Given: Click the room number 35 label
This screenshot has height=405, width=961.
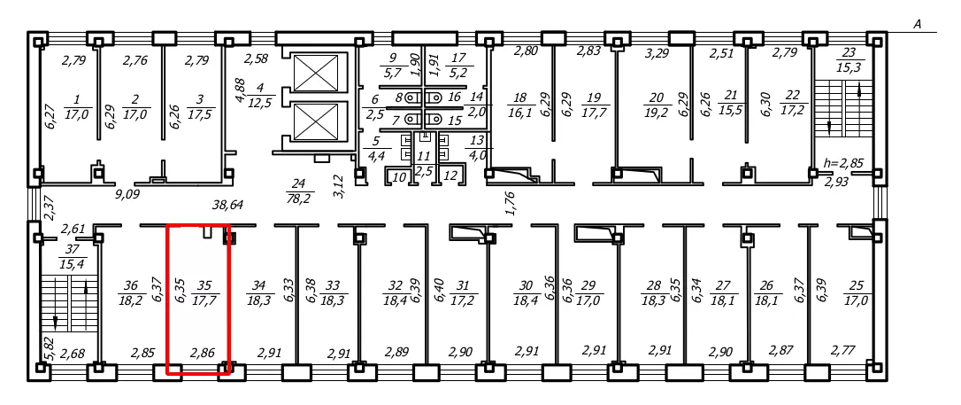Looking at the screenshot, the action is [x=204, y=285].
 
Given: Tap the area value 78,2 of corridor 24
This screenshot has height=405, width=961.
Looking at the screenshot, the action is [x=298, y=199].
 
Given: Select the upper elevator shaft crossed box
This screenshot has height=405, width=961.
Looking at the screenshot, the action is [x=316, y=73].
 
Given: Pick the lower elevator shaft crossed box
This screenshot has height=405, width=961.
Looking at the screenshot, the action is [x=316, y=121].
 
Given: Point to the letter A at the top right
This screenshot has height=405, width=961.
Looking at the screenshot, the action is [x=918, y=25].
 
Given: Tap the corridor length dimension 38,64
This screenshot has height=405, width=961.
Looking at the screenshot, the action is [x=227, y=205].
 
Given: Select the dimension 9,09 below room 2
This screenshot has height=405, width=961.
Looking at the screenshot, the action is [x=128, y=197].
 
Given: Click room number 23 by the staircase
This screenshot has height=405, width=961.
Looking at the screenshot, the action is [x=849, y=52].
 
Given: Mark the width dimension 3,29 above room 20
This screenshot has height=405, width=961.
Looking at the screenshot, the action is [x=657, y=53].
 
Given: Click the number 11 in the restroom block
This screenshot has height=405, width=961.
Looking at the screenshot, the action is [x=424, y=157].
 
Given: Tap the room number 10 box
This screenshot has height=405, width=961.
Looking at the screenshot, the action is [x=399, y=177].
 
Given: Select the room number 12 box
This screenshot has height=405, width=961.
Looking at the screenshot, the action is [x=450, y=176].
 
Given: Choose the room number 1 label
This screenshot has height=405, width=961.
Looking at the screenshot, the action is [x=77, y=98].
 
